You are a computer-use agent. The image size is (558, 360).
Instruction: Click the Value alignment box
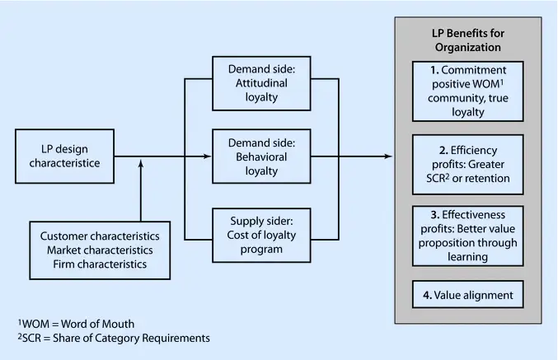pos(467,295)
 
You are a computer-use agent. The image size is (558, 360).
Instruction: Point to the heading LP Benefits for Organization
pos(467,40)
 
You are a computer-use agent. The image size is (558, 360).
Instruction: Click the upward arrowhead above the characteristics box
pos(141,164)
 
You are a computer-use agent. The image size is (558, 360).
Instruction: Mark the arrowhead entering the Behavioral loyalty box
pos(208,157)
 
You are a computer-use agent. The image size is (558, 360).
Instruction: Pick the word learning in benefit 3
pos(467,257)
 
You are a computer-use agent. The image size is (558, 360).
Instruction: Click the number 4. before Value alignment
pos(429,295)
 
